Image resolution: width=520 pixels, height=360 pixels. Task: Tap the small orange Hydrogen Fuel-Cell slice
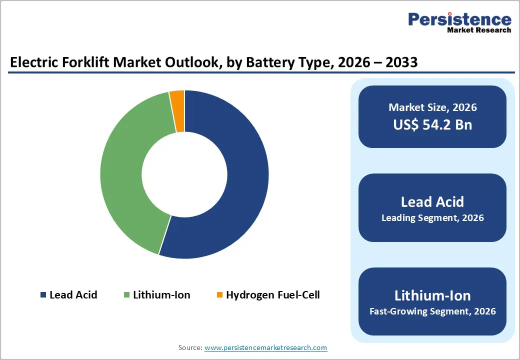[x=177, y=111]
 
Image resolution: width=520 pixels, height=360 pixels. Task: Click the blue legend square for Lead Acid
[x=43, y=295]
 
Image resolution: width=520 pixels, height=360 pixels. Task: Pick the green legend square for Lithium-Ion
[x=126, y=295]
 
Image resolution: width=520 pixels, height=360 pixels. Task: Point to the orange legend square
[x=219, y=295]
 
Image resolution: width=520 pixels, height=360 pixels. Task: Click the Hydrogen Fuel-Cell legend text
[x=272, y=295]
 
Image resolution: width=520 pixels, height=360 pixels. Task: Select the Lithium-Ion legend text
[x=161, y=295]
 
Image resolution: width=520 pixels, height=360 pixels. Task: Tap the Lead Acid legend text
[x=73, y=295]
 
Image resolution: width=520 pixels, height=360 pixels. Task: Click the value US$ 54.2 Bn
[x=432, y=124]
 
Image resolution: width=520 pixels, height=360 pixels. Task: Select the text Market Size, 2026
[x=432, y=107]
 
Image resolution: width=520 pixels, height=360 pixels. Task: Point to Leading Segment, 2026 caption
[x=432, y=218]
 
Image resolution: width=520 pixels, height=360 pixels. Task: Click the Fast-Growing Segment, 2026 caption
[x=432, y=311]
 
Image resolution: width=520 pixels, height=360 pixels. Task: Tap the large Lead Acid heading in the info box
[x=432, y=201]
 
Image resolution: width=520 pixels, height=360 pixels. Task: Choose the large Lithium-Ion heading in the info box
[x=432, y=295]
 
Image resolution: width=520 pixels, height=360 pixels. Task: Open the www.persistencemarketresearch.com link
[x=266, y=347]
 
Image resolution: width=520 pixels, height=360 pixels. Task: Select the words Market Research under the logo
[x=479, y=30]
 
